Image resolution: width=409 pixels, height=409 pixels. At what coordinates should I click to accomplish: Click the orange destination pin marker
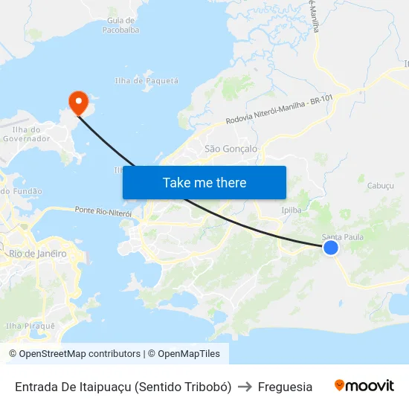coord(77,102)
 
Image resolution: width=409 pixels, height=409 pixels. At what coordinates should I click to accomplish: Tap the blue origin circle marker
coord(331,248)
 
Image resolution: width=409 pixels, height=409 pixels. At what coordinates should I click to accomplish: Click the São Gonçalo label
coord(231,149)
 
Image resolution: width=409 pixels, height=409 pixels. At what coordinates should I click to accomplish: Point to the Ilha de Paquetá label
coord(147,80)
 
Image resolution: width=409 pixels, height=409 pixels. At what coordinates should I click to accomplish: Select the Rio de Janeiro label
coord(37,254)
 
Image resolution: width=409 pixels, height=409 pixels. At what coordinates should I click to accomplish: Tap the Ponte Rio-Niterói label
coord(103,212)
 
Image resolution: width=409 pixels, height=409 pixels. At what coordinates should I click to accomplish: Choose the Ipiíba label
coord(292,210)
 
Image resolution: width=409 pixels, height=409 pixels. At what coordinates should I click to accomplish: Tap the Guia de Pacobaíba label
coord(121,25)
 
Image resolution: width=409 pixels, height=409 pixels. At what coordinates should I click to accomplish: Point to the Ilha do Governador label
coord(26,134)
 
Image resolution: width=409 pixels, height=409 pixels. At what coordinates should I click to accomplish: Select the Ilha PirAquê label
coord(30,326)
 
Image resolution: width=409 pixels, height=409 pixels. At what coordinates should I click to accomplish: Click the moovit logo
coord(364,386)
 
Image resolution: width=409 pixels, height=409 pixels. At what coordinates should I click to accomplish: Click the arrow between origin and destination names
coord(245,387)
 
